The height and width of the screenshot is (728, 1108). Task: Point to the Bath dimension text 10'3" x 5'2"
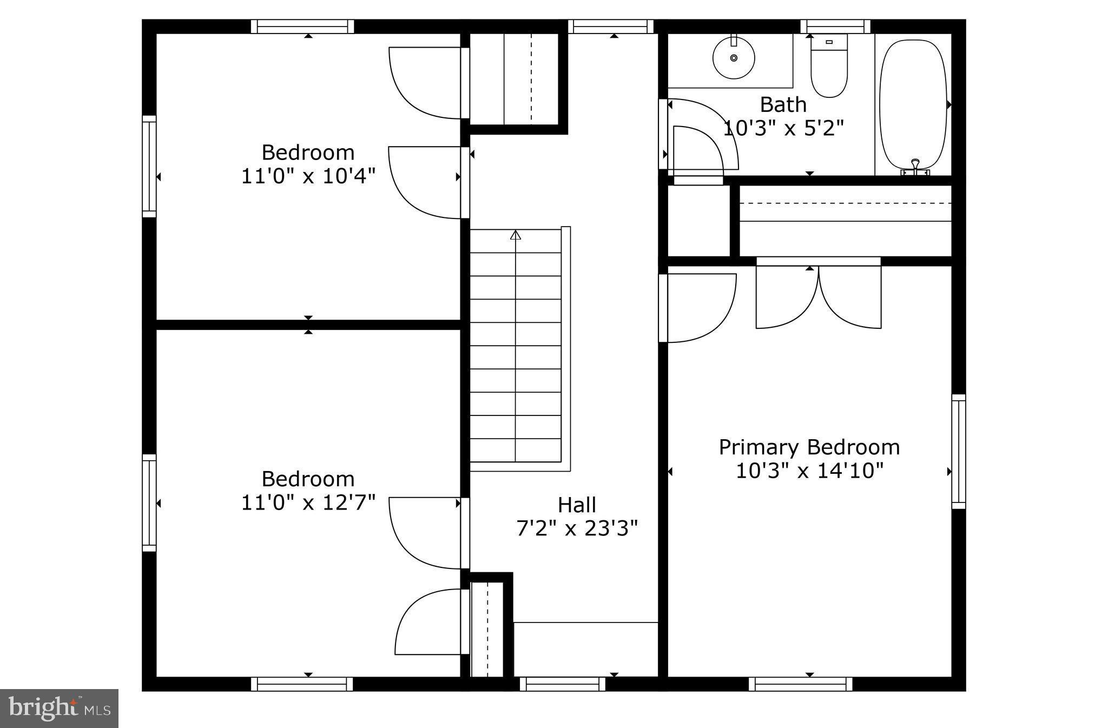tap(783, 129)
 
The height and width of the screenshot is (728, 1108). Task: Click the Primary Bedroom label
tap(809, 447)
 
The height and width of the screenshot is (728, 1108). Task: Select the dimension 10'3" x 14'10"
tap(809, 471)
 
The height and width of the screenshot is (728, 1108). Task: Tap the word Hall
tap(577, 505)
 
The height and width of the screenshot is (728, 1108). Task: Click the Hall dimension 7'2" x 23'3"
tap(577, 528)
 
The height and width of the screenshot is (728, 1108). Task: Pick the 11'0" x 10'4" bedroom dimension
tap(308, 176)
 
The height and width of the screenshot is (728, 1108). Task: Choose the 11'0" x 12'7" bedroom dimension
tap(308, 503)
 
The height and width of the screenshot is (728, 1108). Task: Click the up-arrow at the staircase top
tap(516, 235)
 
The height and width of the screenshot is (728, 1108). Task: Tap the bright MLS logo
tap(59, 708)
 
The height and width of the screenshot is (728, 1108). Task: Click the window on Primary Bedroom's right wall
tap(959, 452)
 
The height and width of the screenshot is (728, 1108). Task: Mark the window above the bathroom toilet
tap(835, 27)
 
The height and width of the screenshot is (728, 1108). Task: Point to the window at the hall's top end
tap(611, 27)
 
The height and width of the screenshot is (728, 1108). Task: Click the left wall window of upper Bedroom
tap(149, 167)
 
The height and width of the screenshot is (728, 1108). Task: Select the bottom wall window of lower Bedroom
tap(302, 684)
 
